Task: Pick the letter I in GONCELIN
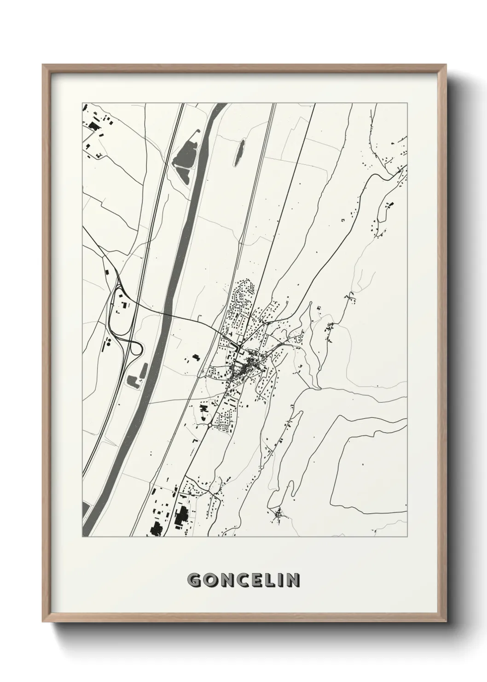click(x=279, y=580)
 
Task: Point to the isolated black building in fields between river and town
click(x=196, y=357)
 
